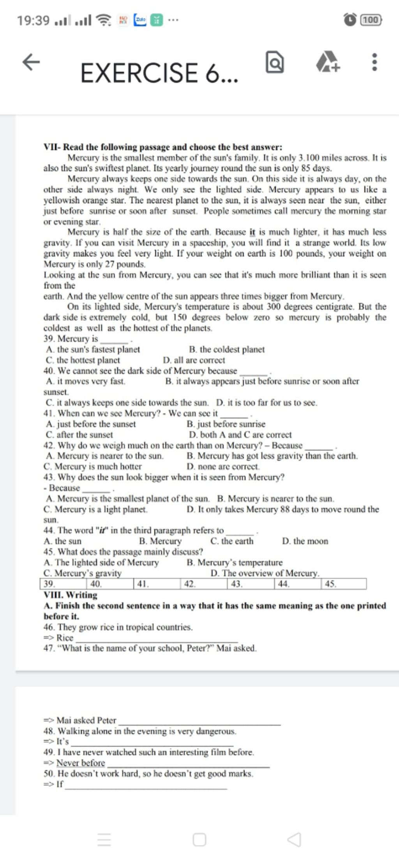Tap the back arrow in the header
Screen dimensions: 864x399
(x=31, y=62)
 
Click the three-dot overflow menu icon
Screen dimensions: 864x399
(x=374, y=62)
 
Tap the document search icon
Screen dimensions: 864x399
(x=275, y=64)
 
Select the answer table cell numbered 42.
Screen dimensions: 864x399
(x=204, y=584)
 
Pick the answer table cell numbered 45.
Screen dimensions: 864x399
(x=344, y=584)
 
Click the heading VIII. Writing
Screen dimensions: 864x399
(x=71, y=595)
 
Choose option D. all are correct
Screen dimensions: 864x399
(x=194, y=360)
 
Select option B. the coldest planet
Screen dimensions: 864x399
(x=226, y=349)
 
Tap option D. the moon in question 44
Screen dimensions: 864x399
(x=305, y=541)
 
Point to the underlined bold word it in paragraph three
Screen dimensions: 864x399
(x=252, y=232)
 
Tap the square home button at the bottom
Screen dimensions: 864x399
(x=199, y=839)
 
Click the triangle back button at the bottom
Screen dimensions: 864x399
(x=294, y=839)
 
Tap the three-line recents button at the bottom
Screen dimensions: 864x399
(x=104, y=839)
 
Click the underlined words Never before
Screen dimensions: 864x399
(x=81, y=763)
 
